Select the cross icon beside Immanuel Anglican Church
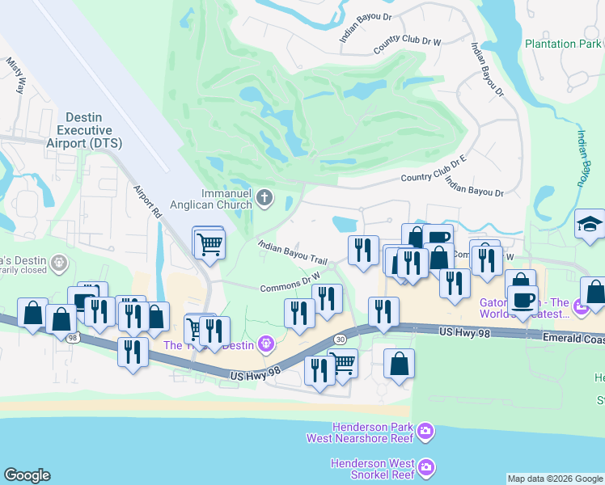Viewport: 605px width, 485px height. click(x=264, y=196)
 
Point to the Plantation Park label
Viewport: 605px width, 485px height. click(x=562, y=44)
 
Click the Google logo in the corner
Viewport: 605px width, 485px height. click(x=27, y=475)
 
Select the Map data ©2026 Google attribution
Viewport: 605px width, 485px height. click(x=555, y=479)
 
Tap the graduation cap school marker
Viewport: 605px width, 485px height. click(x=590, y=225)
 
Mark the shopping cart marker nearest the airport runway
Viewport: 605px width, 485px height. click(x=209, y=242)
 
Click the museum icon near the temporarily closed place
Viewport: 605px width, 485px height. click(x=57, y=263)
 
